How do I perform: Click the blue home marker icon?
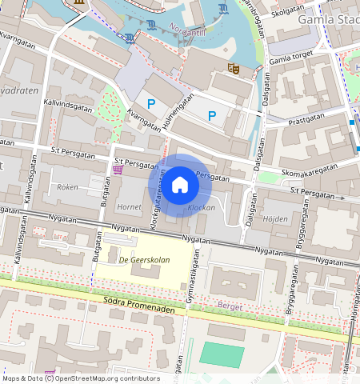[x=180, y=185]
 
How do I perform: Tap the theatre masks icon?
[x=234, y=69]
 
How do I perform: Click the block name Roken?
[x=67, y=186]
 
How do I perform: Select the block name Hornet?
[x=129, y=206]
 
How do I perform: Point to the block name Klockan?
[x=201, y=207]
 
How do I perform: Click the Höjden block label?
[x=275, y=218]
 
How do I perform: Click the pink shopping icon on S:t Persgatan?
[x=118, y=169]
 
